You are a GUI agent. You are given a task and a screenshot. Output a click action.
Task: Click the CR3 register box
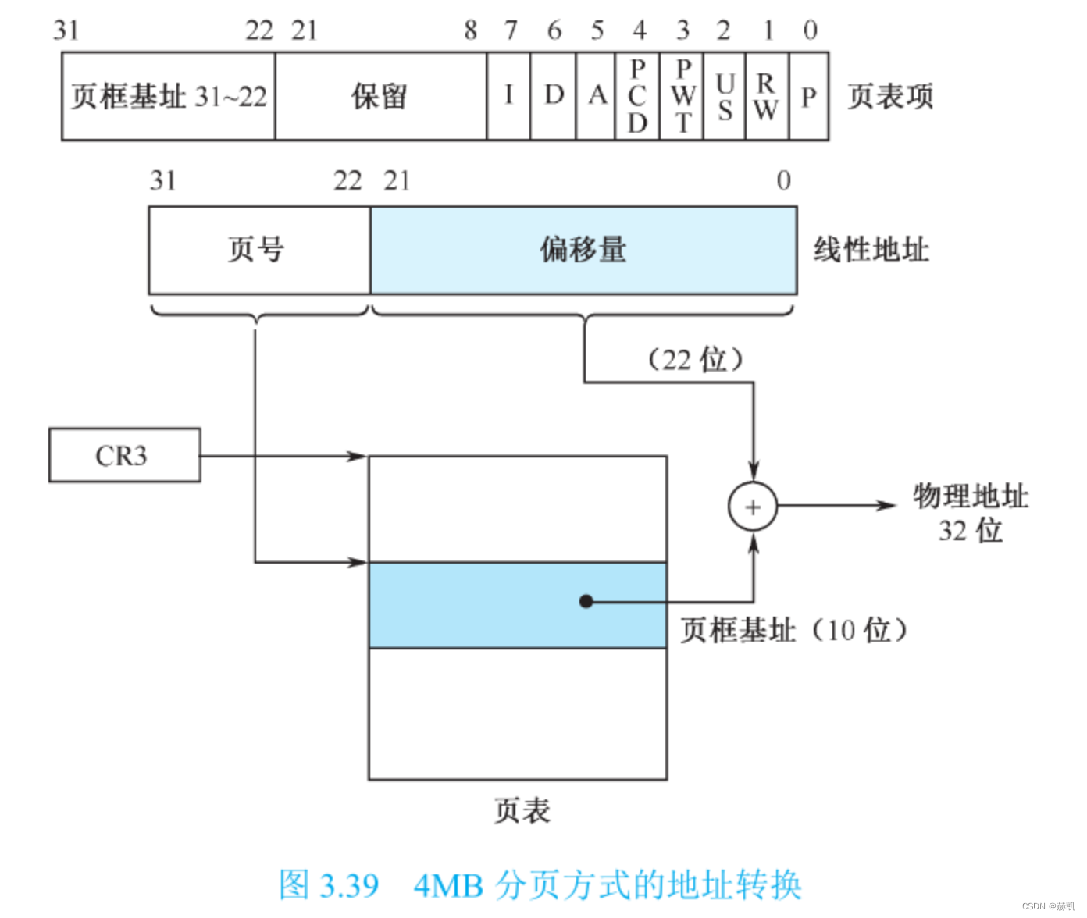124,455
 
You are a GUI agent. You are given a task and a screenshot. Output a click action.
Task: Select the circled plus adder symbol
753,507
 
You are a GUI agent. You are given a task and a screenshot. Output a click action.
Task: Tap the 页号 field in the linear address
258,250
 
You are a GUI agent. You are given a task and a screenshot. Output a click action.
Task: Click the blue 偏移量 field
583,250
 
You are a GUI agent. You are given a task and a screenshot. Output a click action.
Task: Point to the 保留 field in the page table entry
380,97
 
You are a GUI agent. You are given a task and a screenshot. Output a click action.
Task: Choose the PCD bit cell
637,97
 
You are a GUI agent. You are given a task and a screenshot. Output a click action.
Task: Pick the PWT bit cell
682,97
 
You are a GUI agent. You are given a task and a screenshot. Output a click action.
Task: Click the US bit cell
725,97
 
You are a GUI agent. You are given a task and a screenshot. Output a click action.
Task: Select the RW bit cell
767,97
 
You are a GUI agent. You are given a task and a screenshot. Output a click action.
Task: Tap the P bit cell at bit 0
809,97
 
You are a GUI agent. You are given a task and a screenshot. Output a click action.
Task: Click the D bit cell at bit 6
554,97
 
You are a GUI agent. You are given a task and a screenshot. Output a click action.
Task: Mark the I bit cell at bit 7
508,97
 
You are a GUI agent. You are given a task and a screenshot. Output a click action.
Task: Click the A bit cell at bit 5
597,97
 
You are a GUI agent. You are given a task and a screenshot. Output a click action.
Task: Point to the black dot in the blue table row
586,601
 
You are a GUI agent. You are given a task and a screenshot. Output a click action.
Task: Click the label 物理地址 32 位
971,512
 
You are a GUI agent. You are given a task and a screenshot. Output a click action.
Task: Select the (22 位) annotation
694,360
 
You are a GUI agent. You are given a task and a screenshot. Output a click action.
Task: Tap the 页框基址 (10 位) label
793,629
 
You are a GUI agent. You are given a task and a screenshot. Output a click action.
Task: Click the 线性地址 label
871,250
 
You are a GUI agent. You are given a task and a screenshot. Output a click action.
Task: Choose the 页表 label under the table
522,810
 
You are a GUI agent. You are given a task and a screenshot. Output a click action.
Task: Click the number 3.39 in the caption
349,885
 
